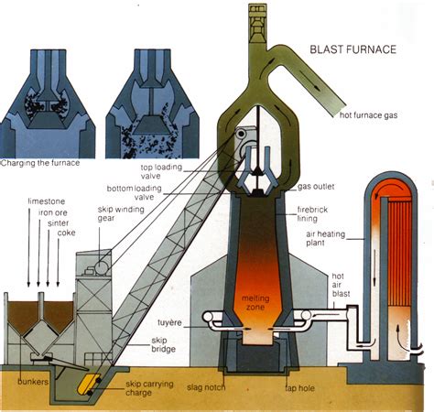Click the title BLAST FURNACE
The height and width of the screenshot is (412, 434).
352,49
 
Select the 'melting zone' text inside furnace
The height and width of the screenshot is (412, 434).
254,304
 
